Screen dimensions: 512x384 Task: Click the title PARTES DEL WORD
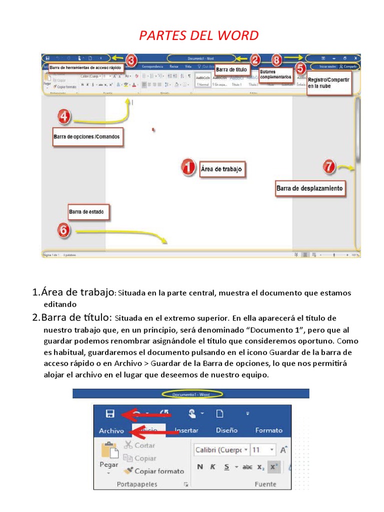click(198, 35)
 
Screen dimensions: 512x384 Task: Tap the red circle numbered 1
click(188, 168)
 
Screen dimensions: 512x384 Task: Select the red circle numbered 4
click(63, 117)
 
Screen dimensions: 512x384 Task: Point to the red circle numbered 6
click(63, 230)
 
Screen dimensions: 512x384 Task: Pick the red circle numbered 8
click(276, 59)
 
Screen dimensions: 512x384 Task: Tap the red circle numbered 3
click(131, 60)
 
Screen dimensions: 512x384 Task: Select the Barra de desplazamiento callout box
click(309, 188)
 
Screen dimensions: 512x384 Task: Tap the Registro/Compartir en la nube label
click(328, 82)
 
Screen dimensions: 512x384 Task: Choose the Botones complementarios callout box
click(275, 74)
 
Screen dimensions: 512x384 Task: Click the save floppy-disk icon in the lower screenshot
click(110, 413)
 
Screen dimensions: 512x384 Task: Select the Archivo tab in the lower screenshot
click(111, 430)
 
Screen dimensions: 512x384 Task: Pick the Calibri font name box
click(221, 449)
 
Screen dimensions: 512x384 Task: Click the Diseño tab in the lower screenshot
click(226, 430)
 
